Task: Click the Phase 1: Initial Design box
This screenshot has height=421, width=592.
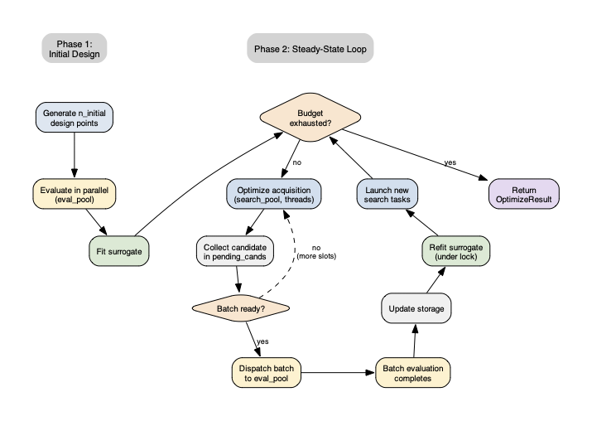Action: coord(75,48)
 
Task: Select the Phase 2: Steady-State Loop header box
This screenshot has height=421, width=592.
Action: coord(310,48)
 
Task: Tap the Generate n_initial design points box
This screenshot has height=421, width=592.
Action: coord(75,117)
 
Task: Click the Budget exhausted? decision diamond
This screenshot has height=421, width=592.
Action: coord(310,117)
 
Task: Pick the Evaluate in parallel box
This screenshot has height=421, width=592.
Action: coord(75,195)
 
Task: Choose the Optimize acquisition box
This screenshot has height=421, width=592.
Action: coord(273,195)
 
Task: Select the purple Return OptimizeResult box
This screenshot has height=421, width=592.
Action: coord(524,195)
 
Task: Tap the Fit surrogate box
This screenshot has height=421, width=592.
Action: coord(118,251)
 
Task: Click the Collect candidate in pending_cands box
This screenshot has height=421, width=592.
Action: coord(237,251)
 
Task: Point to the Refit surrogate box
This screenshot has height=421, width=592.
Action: coord(455,251)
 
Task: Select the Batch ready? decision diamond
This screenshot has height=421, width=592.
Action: coord(241,308)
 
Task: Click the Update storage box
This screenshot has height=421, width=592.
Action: coord(416,308)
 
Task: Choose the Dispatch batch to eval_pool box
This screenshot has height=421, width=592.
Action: coord(265,373)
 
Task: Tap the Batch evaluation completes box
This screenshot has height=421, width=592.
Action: coord(413,373)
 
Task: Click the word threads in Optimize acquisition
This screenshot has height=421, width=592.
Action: coord(300,201)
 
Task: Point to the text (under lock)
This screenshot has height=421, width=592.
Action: coord(455,257)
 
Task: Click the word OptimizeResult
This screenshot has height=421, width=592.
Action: coord(524,201)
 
